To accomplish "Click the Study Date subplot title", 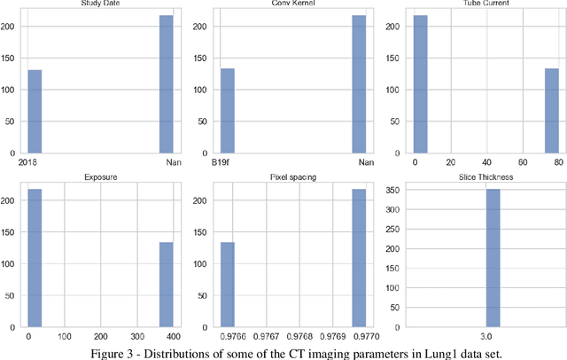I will pos(100,4).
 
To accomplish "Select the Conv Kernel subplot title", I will pos(292,4).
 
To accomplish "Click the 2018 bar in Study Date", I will pos(35,111).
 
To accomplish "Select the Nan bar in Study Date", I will pos(166,85).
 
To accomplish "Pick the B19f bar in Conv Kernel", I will pos(227,110).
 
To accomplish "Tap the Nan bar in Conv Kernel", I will pos(359,85).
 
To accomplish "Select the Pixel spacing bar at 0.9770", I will pos(359,258).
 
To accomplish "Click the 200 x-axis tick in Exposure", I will pos(100,337).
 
